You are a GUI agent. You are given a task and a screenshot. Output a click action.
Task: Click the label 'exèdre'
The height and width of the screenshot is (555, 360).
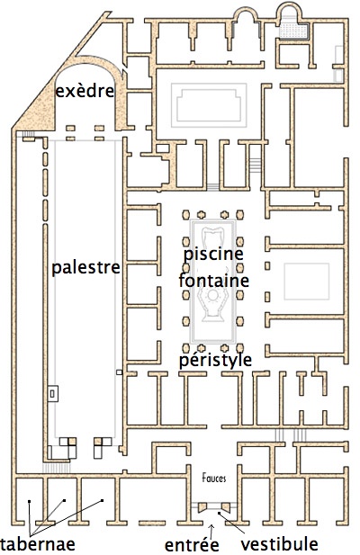[85, 91]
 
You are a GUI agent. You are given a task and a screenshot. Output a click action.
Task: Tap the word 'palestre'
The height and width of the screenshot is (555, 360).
[86, 267]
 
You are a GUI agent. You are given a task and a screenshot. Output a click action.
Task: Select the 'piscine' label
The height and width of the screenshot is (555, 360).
[213, 254]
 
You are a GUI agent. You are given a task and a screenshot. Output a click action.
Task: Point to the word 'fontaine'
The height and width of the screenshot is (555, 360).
[214, 281]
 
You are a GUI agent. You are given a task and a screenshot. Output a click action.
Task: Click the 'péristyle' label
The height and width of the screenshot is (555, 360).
[215, 360]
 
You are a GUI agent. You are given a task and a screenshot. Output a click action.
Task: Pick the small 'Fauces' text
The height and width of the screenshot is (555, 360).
[214, 479]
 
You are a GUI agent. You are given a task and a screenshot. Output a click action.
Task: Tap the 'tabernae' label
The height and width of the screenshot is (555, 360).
[38, 543]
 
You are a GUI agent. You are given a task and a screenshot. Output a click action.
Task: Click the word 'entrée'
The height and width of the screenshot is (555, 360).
[192, 544]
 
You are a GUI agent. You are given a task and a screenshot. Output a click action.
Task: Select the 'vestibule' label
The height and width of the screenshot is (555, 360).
[280, 543]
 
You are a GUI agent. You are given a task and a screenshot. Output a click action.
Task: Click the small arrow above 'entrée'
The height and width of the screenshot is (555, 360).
[211, 532]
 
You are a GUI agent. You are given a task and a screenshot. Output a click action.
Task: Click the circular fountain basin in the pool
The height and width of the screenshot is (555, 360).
[212, 295]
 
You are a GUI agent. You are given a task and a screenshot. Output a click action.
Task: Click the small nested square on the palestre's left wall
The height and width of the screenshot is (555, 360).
[53, 393]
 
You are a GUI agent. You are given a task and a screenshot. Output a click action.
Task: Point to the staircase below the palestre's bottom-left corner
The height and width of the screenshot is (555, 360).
[57, 468]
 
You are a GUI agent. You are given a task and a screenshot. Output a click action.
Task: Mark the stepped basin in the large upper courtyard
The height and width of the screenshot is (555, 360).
[209, 105]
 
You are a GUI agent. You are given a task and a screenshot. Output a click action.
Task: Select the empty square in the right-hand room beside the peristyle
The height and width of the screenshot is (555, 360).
[307, 282]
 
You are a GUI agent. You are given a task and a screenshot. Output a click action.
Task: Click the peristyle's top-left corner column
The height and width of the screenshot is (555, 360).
[185, 214]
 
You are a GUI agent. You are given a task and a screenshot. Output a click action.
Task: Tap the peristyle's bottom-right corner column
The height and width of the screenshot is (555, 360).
[240, 348]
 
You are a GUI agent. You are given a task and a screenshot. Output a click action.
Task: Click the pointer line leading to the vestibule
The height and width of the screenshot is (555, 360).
[231, 523]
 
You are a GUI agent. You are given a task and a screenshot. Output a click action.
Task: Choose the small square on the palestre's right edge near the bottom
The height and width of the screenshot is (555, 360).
[120, 372]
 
